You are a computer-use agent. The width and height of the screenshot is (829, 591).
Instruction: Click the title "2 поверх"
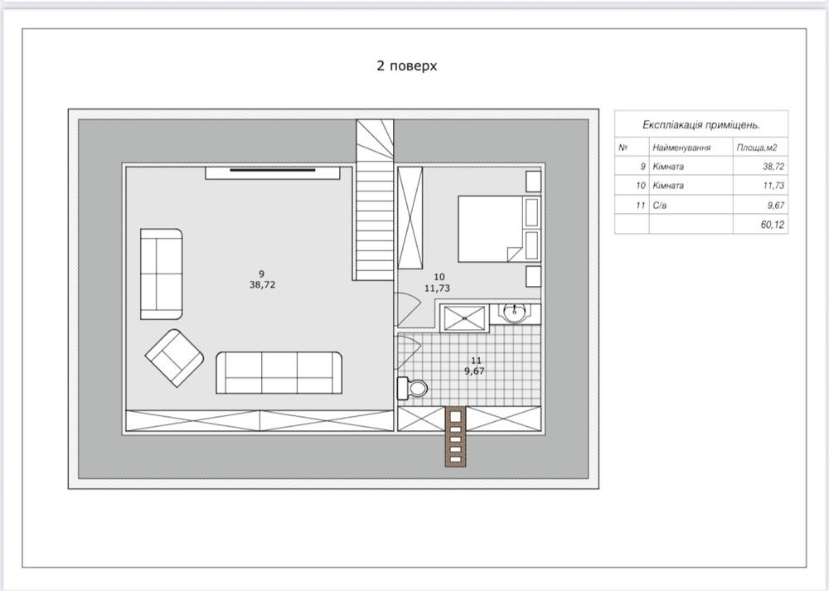pyautogui.click(x=406, y=66)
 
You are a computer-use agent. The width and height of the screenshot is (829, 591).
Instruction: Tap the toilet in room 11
pyautogui.click(x=412, y=388)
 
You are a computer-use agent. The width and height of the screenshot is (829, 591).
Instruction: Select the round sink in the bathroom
pyautogui.click(x=513, y=313)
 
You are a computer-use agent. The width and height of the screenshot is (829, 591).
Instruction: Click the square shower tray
pyautogui.click(x=464, y=318)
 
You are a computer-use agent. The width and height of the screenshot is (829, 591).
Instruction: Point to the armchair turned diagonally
pyautogui.click(x=174, y=358)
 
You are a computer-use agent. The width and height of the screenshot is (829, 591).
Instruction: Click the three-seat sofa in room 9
pyautogui.click(x=279, y=373)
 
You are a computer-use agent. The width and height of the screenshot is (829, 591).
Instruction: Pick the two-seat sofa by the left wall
pyautogui.click(x=162, y=274)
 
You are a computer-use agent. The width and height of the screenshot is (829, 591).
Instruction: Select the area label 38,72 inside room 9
pyautogui.click(x=263, y=285)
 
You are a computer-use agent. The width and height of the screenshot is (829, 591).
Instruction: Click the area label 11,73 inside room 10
pyautogui.click(x=437, y=288)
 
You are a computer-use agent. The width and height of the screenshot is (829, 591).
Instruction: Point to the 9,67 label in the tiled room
pyautogui.click(x=474, y=371)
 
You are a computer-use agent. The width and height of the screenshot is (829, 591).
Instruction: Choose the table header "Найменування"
pyautogui.click(x=681, y=148)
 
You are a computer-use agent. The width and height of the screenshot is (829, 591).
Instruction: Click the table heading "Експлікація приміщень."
pyautogui.click(x=701, y=125)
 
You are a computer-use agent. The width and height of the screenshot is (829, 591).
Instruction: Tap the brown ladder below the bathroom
pyautogui.click(x=455, y=437)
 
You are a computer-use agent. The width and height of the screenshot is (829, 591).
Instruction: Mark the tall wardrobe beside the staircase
pyautogui.click(x=410, y=218)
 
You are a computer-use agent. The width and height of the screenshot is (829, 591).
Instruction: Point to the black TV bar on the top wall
pyautogui.click(x=272, y=170)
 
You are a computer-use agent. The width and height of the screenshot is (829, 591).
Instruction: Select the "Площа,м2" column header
pyautogui.click(x=757, y=148)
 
